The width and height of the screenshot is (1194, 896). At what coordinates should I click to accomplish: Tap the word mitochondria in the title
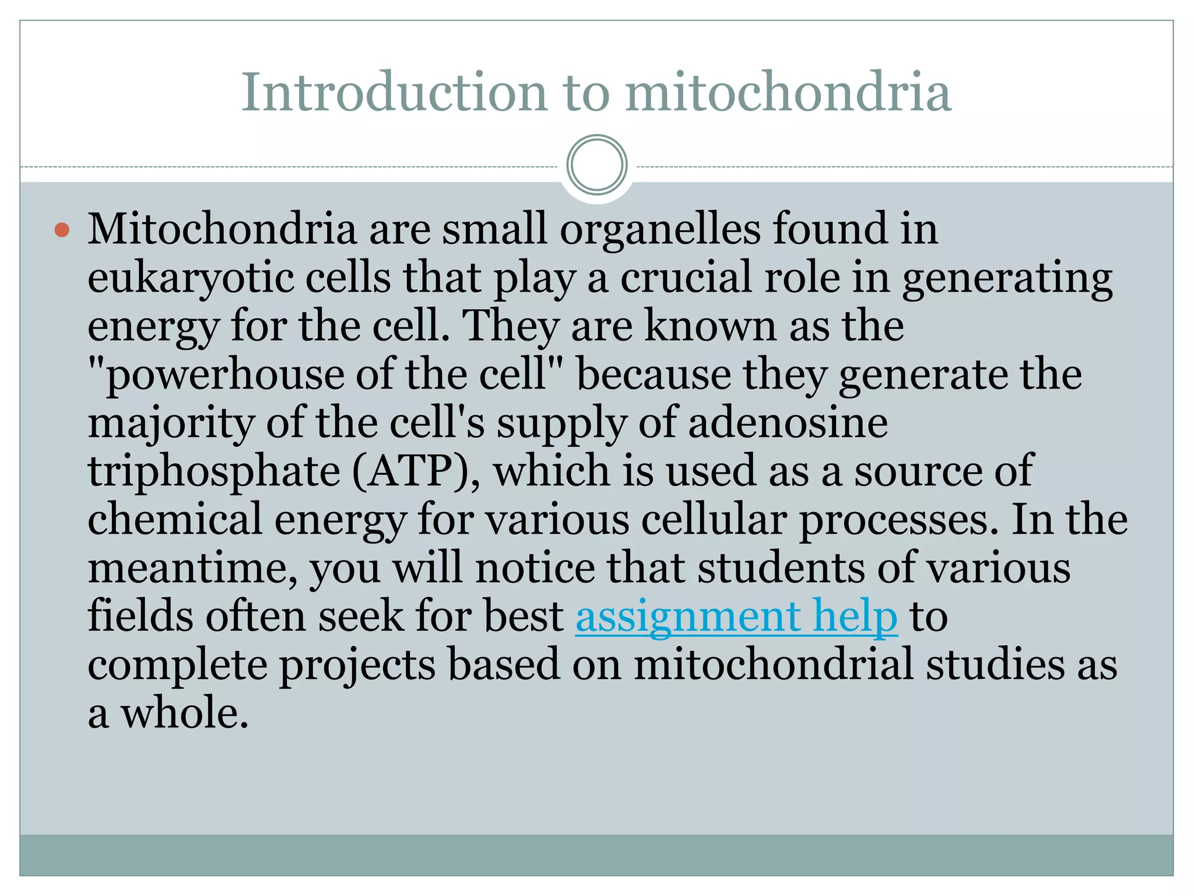[x=788, y=92]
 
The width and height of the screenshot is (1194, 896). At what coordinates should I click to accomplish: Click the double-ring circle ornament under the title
[x=597, y=165]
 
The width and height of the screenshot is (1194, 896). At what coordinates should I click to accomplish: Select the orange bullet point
[x=62, y=230]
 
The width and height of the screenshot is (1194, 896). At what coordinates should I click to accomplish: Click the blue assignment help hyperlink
[x=736, y=617]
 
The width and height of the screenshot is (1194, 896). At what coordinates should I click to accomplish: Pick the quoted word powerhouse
[x=224, y=375]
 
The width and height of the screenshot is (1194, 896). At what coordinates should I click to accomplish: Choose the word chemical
[x=175, y=519]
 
